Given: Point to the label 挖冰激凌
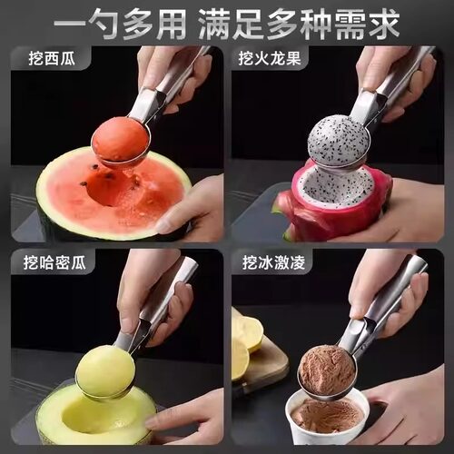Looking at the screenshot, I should point(270,263).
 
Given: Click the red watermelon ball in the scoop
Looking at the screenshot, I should point(122,140).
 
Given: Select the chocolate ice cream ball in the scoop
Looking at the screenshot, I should point(328,370).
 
